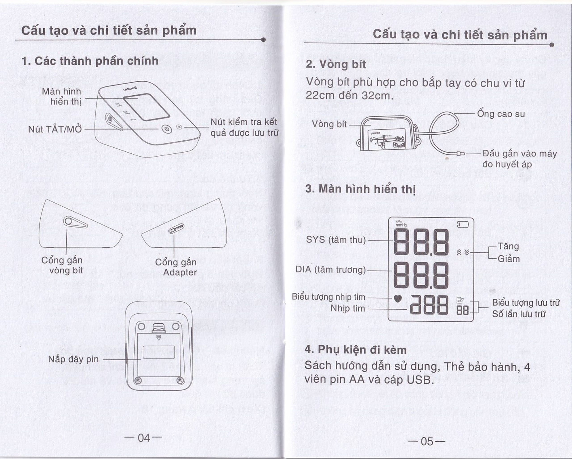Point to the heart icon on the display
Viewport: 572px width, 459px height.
pos(397,299)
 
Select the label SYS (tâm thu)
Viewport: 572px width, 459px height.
pos(336,240)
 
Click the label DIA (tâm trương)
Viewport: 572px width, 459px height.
pos(330,270)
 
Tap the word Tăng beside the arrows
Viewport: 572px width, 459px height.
pos(508,246)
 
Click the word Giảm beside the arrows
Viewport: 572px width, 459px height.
pos(508,259)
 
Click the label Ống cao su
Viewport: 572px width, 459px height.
pos(501,114)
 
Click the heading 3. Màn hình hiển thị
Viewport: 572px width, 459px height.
pos(360,189)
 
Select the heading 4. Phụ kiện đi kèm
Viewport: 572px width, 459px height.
pos(355,350)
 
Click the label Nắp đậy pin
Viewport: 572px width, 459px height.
pos(73,359)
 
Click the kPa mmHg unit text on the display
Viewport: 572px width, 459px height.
pos(399,224)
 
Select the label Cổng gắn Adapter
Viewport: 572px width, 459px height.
pos(176,267)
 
